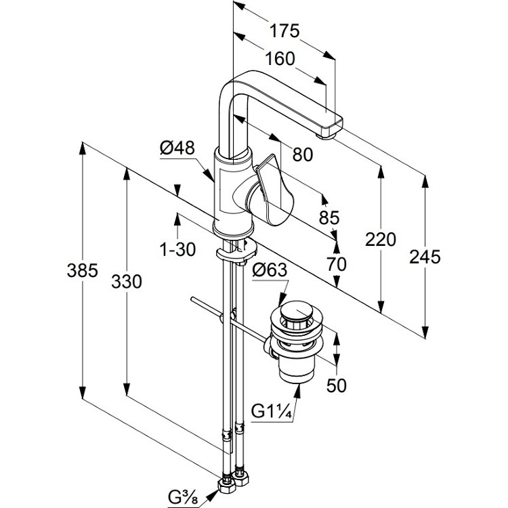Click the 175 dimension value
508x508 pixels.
coord(284,31)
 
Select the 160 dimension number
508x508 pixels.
coord(280,59)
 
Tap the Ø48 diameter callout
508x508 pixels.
coord(177,148)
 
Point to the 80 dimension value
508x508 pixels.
coord(303,154)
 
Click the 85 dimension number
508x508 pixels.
coord(329,217)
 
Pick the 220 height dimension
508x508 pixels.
coord(381,240)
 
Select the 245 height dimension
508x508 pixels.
coord(425,257)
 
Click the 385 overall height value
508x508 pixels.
coord(82,270)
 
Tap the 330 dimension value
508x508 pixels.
coord(127,282)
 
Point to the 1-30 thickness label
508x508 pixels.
coord(178,249)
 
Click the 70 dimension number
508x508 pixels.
coord(336,264)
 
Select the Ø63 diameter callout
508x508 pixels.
coord(270,270)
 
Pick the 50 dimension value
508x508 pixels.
coord(336,385)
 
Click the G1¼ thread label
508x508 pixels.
coord(272,412)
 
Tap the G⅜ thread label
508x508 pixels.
coord(183,498)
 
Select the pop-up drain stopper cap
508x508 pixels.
coord(297,310)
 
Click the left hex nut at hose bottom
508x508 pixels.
coord(226,485)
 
